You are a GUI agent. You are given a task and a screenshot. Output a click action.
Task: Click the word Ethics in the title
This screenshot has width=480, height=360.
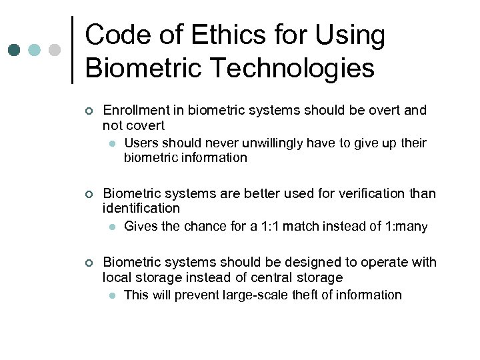[220, 35]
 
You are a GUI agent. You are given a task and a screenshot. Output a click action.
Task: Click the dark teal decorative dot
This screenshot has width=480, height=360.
[14, 50]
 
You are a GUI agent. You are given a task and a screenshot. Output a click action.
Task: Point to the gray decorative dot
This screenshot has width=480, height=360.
[55, 50]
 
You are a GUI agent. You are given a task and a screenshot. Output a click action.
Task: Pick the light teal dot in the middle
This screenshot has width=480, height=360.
[35, 50]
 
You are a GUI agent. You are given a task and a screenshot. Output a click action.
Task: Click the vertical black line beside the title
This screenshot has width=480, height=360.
[72, 50]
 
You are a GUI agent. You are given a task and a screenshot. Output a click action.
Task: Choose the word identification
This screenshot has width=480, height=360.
[141, 209]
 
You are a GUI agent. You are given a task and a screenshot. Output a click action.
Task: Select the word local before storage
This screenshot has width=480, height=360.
[117, 277]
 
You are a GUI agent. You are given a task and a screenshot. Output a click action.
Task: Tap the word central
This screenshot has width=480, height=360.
[268, 277]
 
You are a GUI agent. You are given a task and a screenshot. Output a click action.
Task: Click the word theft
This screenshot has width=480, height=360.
[306, 295]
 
